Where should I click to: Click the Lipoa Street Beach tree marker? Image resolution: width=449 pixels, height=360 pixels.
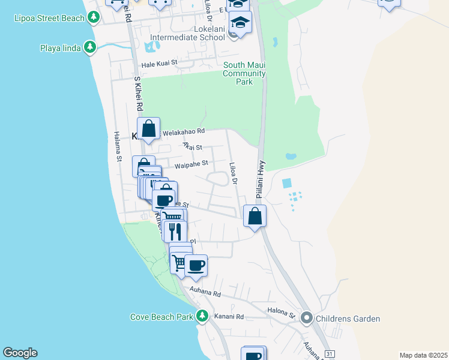click(x=93, y=18)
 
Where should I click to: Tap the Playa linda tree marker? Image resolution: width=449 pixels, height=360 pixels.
click(x=90, y=47)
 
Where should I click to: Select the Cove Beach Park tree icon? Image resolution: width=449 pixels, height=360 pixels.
click(x=202, y=316)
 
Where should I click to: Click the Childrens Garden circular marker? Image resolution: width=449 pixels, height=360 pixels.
click(x=307, y=318)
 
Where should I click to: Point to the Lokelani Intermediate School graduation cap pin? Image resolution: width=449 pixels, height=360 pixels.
click(x=240, y=24)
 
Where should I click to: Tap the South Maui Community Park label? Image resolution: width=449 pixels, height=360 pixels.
click(x=244, y=73)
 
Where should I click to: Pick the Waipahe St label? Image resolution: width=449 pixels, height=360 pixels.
click(x=191, y=163)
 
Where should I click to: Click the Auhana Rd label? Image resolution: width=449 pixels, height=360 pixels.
click(x=205, y=292)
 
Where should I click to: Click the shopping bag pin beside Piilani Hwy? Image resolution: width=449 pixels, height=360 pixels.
click(x=255, y=215)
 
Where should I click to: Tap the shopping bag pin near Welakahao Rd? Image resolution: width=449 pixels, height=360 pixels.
click(x=148, y=128)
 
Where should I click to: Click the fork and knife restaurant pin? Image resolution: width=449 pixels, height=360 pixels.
click(x=175, y=231)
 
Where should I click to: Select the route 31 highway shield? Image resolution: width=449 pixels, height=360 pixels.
click(x=329, y=354)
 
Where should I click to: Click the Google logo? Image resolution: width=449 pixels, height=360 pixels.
click(x=20, y=353)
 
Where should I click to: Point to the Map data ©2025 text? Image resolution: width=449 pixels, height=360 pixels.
click(x=423, y=355)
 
